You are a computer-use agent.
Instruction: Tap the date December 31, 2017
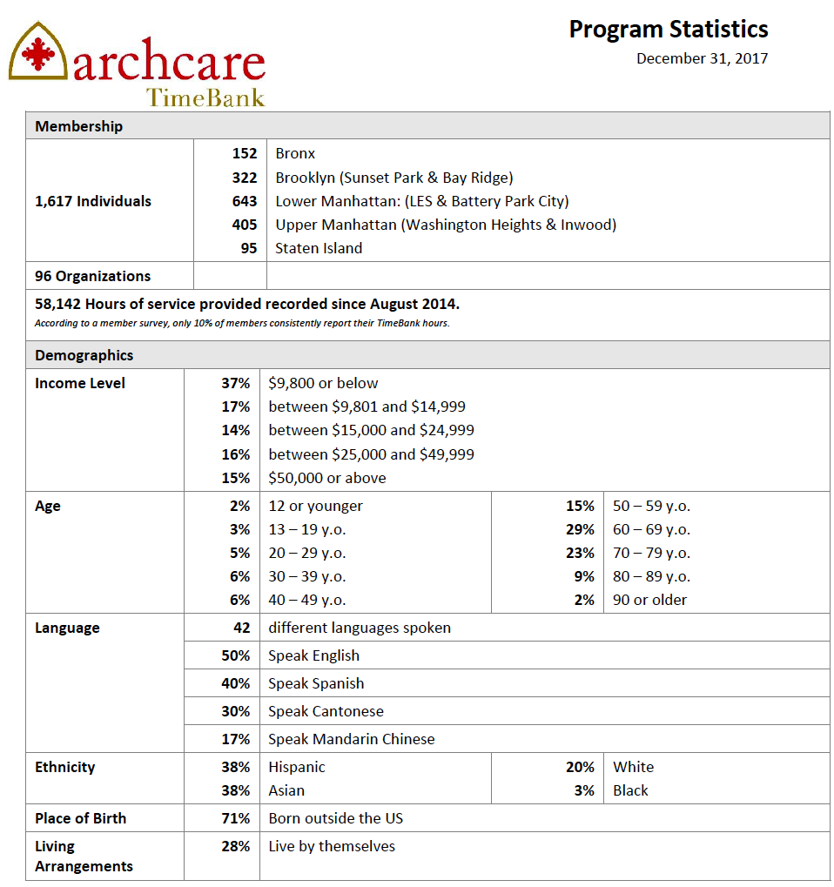pos(702,58)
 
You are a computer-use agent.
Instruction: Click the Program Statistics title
pos(668,29)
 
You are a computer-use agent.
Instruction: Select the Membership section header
pos(79,126)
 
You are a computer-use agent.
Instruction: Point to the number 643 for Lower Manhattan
pos(245,201)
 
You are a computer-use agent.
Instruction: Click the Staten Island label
pos(319,248)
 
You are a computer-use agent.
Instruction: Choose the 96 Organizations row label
pos(92,276)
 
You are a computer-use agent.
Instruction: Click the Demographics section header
pos(84,355)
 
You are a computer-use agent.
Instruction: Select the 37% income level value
pos(235,383)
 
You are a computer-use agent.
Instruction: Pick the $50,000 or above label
pos(327,478)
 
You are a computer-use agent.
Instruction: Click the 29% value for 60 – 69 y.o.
pos(580,529)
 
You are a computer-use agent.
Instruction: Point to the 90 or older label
pos(649,600)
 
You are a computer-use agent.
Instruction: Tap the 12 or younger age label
pos(315,506)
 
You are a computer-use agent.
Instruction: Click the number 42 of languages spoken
pos(241,628)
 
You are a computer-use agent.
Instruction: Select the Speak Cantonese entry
pos(326,711)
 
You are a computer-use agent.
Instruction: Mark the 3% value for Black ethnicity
pos(584,790)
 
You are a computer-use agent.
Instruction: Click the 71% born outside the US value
pos(235,818)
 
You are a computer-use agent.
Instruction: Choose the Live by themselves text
pos(332,846)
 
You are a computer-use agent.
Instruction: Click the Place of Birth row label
pos(80,818)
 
